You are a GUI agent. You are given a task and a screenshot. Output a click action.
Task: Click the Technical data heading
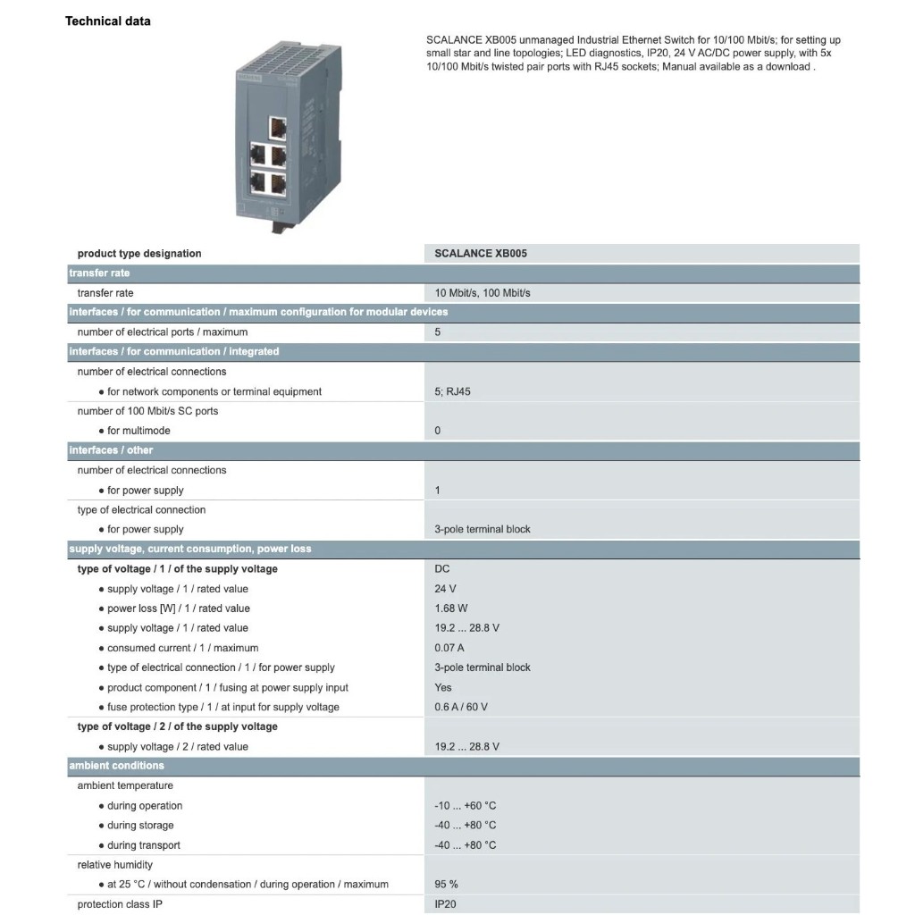108,21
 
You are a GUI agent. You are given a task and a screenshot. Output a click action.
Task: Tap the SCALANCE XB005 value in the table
481,254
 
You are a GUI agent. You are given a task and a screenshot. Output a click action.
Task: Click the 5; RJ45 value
452,391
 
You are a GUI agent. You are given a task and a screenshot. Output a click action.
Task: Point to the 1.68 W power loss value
451,609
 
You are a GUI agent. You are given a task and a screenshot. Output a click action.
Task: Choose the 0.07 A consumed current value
449,648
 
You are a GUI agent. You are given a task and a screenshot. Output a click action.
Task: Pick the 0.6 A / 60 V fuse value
461,707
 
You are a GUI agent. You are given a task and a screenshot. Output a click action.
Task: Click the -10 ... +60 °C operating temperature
466,805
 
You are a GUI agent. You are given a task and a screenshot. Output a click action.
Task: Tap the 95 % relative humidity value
447,884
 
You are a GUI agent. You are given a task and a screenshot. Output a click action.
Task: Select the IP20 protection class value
446,903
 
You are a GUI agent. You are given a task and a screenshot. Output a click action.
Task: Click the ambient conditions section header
117,766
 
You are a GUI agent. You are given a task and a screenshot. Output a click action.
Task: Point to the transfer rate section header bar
99,273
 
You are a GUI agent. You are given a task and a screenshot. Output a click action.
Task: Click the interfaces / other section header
112,450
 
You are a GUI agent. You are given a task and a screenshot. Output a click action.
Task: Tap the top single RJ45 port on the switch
278,126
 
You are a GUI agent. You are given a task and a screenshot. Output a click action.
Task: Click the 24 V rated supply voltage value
445,589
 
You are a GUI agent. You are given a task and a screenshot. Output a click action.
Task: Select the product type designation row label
139,254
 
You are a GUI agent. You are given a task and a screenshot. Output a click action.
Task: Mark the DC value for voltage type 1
442,569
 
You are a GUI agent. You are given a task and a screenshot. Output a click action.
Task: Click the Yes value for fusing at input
443,687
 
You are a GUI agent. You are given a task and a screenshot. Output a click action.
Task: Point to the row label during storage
140,825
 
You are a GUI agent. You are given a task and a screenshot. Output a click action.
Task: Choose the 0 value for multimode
438,431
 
